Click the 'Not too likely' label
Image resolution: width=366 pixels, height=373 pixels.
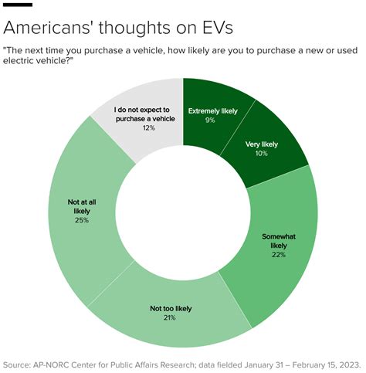[171, 309]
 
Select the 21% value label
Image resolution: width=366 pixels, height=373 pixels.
[171, 317]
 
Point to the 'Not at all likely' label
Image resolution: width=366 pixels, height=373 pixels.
[81, 207]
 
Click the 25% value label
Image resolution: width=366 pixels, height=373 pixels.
[81, 220]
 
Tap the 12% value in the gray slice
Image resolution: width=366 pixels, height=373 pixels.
[148, 127]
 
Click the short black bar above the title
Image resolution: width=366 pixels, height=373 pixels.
[18, 5]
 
